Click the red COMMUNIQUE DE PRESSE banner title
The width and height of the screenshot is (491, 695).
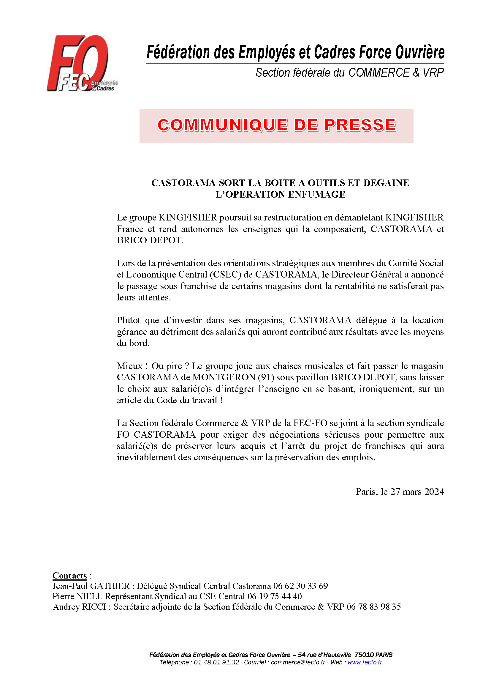[276, 125]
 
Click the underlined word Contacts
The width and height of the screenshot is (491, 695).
[69, 576]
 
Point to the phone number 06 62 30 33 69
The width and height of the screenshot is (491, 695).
[300, 586]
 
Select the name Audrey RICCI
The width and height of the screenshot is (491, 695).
[79, 607]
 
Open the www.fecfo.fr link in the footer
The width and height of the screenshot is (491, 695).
[365, 662]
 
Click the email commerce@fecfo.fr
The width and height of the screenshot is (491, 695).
[298, 662]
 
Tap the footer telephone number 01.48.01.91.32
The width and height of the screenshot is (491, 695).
[216, 662]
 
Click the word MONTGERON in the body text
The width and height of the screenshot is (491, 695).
[224, 377]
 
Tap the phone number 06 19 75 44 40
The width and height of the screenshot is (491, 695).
[275, 596]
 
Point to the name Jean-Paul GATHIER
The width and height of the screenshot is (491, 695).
[91, 586]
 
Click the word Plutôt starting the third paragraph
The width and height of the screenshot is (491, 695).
[129, 320]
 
